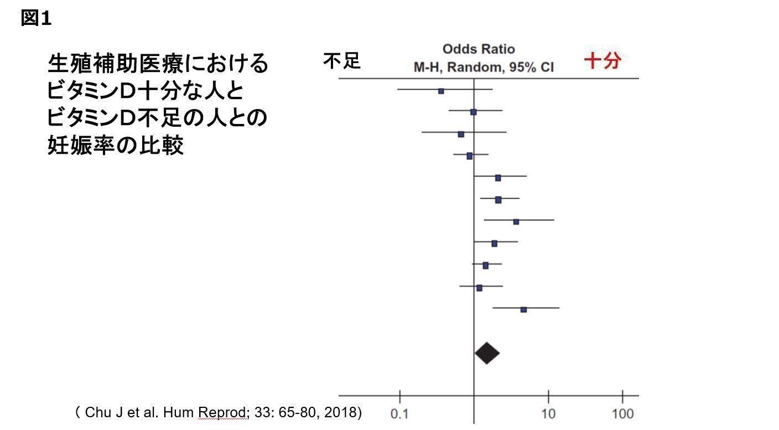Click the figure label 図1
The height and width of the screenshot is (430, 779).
click(x=37, y=18)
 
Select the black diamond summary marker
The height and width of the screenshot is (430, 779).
click(x=487, y=353)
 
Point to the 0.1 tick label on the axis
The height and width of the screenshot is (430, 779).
click(x=399, y=414)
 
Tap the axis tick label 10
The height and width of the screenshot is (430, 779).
click(x=548, y=414)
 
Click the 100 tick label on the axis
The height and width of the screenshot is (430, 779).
click(x=622, y=414)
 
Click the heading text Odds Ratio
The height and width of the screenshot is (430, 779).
click(x=479, y=49)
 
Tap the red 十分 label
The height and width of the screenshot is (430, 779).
click(x=603, y=60)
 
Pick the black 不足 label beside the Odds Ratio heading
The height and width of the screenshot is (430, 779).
click(x=342, y=61)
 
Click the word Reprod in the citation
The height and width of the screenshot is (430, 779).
click(x=221, y=412)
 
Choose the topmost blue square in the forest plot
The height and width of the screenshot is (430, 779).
click(x=441, y=91)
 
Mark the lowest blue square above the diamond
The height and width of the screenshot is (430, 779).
click(x=523, y=309)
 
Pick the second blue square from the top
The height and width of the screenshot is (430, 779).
click(x=473, y=112)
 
